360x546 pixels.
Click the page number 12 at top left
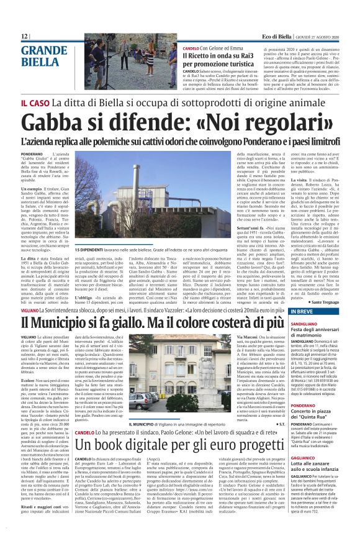pos(25,37)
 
